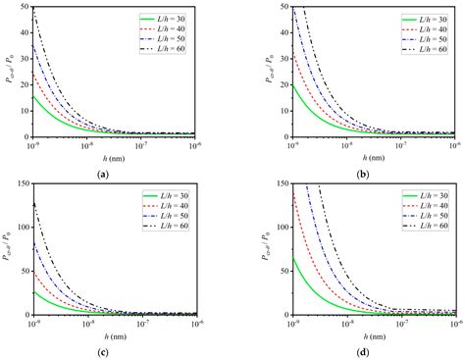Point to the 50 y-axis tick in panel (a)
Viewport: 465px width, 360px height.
[x=26, y=7]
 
